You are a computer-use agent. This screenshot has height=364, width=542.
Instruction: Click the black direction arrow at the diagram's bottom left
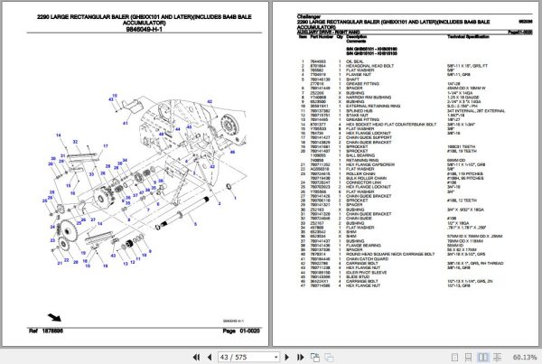56,316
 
